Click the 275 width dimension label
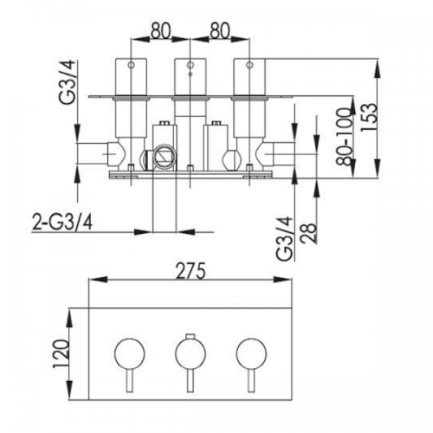point(191,271)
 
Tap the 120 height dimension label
point(61,354)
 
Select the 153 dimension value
point(369,117)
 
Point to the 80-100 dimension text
point(345,136)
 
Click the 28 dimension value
point(308,233)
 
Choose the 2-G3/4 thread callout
point(62,222)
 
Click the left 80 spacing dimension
point(160,30)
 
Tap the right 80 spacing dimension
point(220,30)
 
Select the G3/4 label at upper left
point(67,82)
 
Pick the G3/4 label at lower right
point(284,238)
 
